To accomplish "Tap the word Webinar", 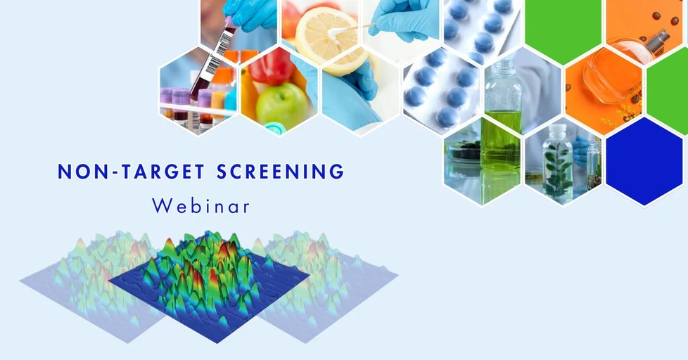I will (200, 206).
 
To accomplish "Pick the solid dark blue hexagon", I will (644, 161).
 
